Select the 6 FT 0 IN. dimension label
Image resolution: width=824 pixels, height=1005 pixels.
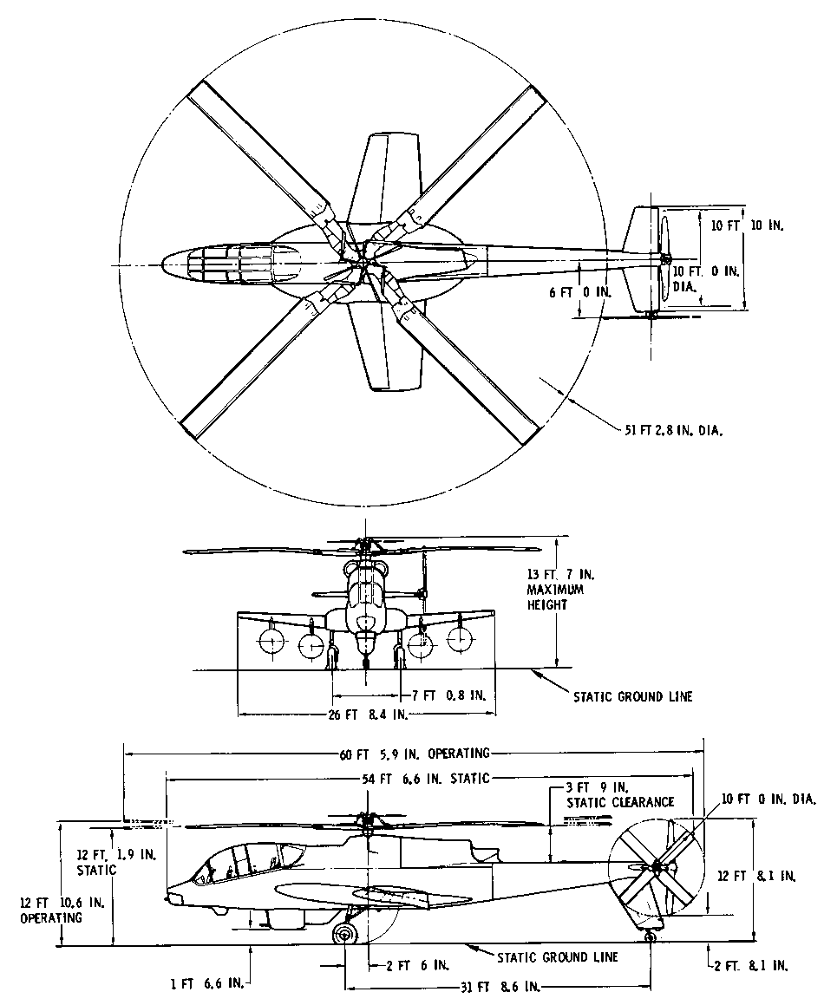pyautogui.click(x=581, y=292)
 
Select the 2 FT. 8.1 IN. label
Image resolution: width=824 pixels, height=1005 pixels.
pyautogui.click(x=749, y=964)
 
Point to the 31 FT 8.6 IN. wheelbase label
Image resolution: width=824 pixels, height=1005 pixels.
pyautogui.click(x=500, y=987)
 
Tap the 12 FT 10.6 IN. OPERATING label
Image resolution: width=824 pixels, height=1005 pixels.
pyautogui.click(x=53, y=910)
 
